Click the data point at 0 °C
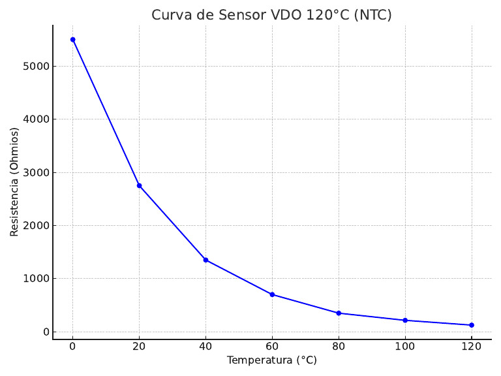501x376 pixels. coord(72,40)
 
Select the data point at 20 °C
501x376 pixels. coord(139,185)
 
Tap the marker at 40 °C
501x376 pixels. coord(205,260)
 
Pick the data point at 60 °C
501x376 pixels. coord(272,294)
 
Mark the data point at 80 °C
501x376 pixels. coord(339,313)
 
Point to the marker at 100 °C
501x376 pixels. coord(405,321)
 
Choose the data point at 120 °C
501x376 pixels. coord(472,325)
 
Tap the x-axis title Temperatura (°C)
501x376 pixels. coord(271,360)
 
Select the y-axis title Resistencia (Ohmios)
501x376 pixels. coord(14,181)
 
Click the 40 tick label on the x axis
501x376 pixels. coord(205,346)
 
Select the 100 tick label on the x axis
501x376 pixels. coord(405,346)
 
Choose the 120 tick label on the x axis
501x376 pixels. coord(472,346)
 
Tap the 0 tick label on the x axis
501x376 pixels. coord(72,346)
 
